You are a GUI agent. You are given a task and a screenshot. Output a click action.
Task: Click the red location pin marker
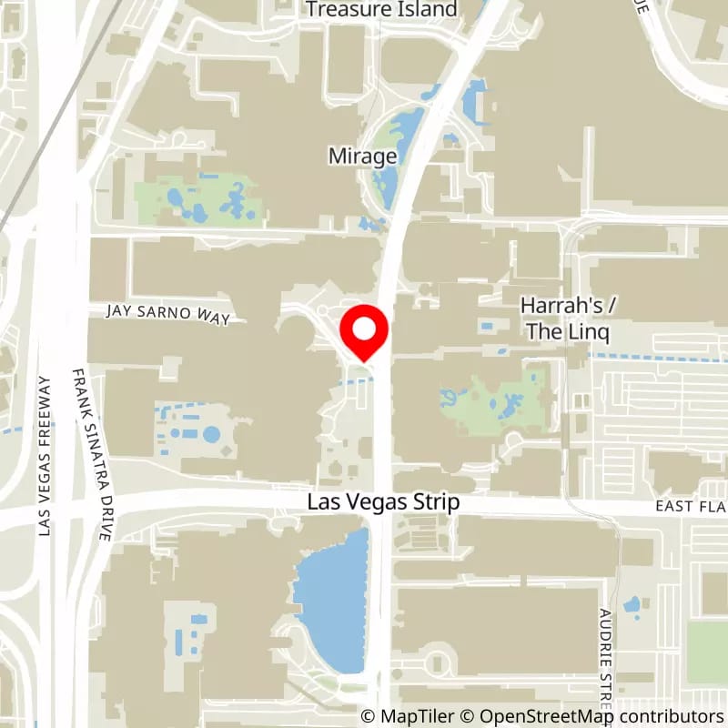(364, 335)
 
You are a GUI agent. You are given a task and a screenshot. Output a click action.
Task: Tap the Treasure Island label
(381, 9)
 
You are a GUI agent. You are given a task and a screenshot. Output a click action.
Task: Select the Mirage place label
(363, 157)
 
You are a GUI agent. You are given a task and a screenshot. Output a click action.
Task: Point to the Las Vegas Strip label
(383, 502)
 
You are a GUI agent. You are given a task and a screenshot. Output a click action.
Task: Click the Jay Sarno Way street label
(167, 312)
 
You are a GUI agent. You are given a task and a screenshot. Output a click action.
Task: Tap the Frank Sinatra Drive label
(91, 455)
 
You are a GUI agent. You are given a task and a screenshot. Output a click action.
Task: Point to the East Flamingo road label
(692, 506)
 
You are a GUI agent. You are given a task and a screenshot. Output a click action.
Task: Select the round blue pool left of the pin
(211, 434)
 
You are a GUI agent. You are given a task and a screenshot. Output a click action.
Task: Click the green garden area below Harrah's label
(496, 400)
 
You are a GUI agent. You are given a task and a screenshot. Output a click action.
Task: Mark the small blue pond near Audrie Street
(631, 603)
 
